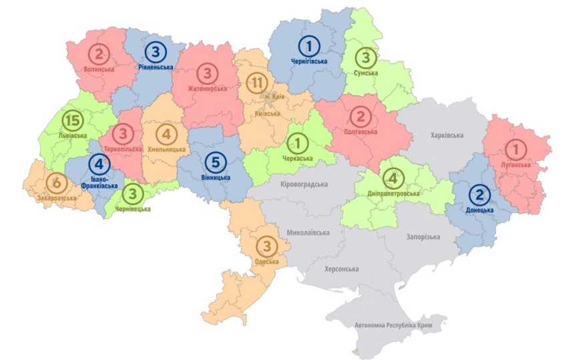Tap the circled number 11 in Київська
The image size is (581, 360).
(256, 83)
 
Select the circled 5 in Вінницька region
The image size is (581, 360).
(216, 162)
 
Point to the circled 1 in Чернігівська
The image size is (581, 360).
(309, 46)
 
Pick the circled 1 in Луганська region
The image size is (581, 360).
(516, 148)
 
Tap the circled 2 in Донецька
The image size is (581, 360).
(479, 194)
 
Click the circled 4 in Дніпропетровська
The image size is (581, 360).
(393, 178)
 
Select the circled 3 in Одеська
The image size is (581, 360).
(266, 246)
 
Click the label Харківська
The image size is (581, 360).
(447, 136)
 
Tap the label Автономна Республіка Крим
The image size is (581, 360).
(393, 325)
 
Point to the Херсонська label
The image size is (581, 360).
(341, 269)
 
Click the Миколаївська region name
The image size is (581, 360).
(308, 233)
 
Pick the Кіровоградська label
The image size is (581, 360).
(306, 184)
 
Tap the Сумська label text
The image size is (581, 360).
(366, 73)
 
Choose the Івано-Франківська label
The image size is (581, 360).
(98, 182)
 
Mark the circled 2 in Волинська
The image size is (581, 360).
(100, 53)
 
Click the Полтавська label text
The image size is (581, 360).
(361, 132)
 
